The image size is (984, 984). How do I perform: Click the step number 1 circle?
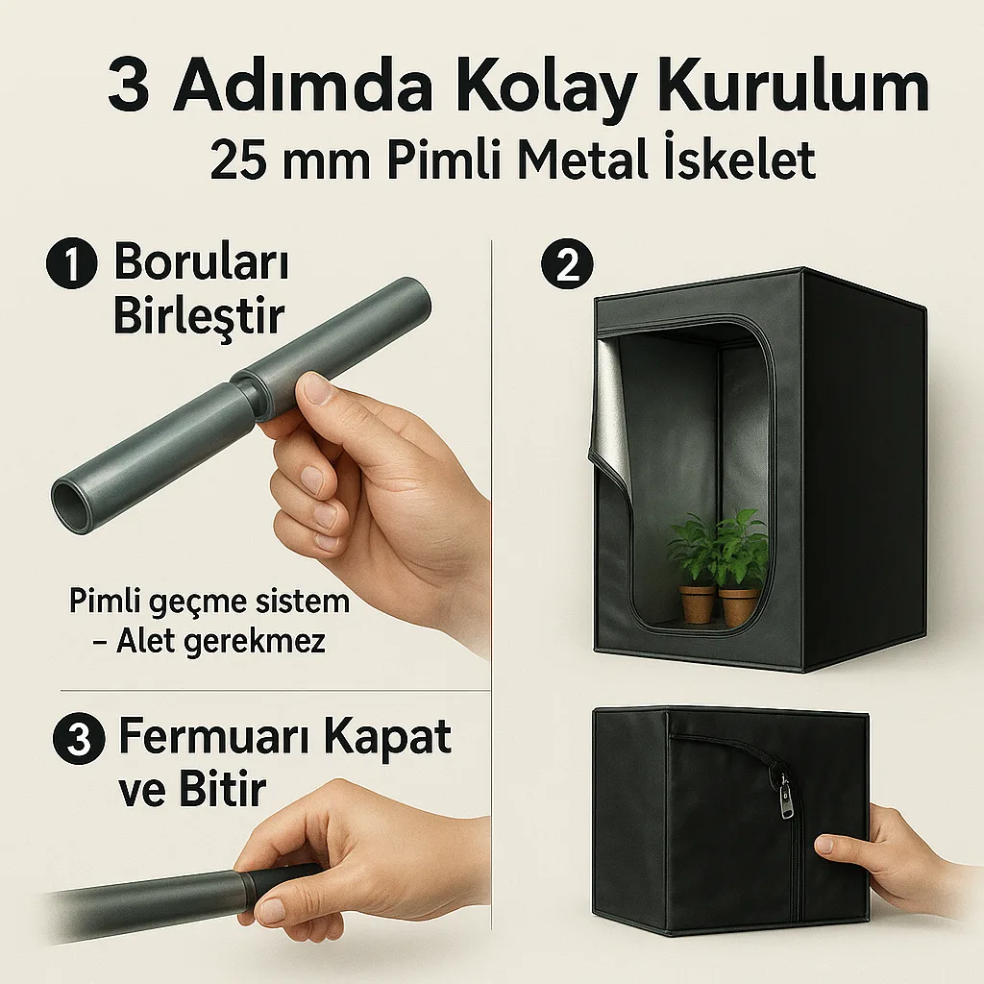pyautogui.click(x=72, y=263)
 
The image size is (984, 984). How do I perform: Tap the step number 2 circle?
pyautogui.click(x=567, y=263)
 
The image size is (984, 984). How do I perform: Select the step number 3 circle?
pyautogui.click(x=79, y=739)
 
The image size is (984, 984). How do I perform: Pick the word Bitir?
pyautogui.click(x=223, y=788)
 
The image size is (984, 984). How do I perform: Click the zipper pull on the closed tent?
pyautogui.click(x=784, y=795)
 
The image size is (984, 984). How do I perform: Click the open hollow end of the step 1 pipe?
pyautogui.click(x=70, y=499)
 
